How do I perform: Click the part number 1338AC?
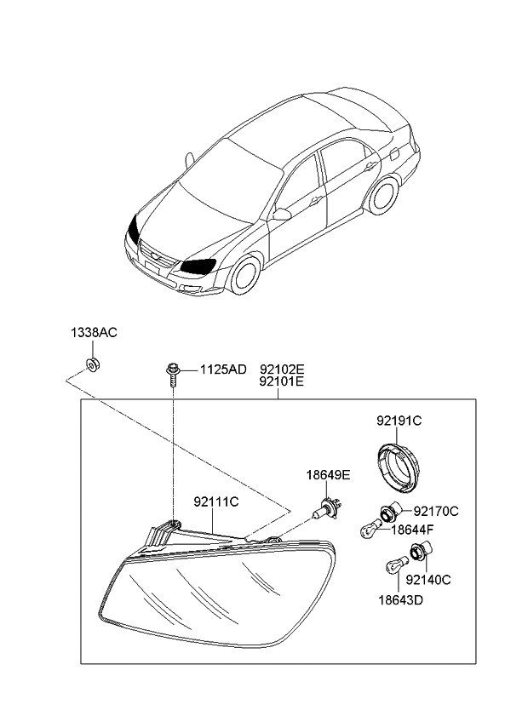[x=94, y=332]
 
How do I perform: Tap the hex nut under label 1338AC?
[x=94, y=364]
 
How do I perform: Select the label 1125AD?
[x=223, y=370]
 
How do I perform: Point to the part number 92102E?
[x=282, y=370]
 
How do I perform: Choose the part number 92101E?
[x=282, y=381]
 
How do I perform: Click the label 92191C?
[x=399, y=421]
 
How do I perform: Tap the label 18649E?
[x=329, y=475]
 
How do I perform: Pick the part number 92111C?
[x=216, y=501]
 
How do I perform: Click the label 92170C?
[x=436, y=511]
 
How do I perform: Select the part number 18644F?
[x=412, y=530]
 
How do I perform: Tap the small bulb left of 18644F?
[x=370, y=528]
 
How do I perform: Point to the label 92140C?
[x=428, y=580]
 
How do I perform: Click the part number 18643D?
[x=401, y=600]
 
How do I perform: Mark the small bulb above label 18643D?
[x=396, y=564]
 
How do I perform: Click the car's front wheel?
[x=245, y=275]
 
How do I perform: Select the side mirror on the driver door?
[x=282, y=214]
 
